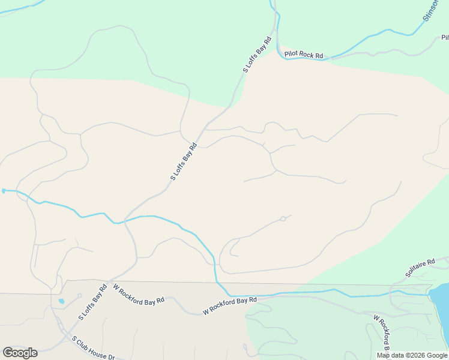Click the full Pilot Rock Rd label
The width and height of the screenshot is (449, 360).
click(x=304, y=55)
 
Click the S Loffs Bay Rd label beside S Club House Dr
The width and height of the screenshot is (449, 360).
click(x=92, y=301)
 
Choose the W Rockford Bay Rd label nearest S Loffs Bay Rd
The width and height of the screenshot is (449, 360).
click(x=139, y=295)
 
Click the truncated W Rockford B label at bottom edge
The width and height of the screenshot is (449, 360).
click(x=382, y=333)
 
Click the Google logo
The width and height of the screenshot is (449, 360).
click(x=20, y=353)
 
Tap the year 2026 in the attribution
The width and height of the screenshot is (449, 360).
click(x=418, y=355)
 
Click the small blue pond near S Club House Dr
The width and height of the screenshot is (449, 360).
click(x=61, y=301)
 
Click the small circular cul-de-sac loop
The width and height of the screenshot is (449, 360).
click(x=283, y=218)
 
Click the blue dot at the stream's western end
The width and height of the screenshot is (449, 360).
click(x=4, y=191)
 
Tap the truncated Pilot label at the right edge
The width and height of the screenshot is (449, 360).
click(x=445, y=37)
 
